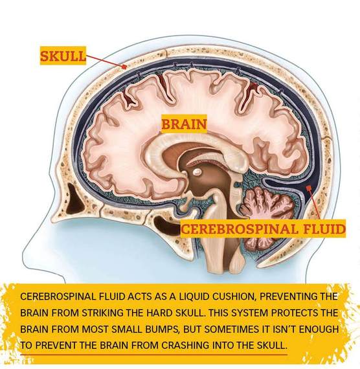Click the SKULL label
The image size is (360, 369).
point(63,56)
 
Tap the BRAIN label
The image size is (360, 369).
point(184,124)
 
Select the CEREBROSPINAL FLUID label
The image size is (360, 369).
point(264,229)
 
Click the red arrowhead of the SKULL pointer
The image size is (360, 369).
point(124,67)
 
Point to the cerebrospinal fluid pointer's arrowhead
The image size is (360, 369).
point(308,188)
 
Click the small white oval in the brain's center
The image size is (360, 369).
point(197,172)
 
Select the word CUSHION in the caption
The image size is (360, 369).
point(234,296)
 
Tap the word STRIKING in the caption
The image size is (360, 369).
point(103,313)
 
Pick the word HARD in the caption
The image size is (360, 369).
point(161,313)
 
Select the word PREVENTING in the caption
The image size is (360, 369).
point(288,296)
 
